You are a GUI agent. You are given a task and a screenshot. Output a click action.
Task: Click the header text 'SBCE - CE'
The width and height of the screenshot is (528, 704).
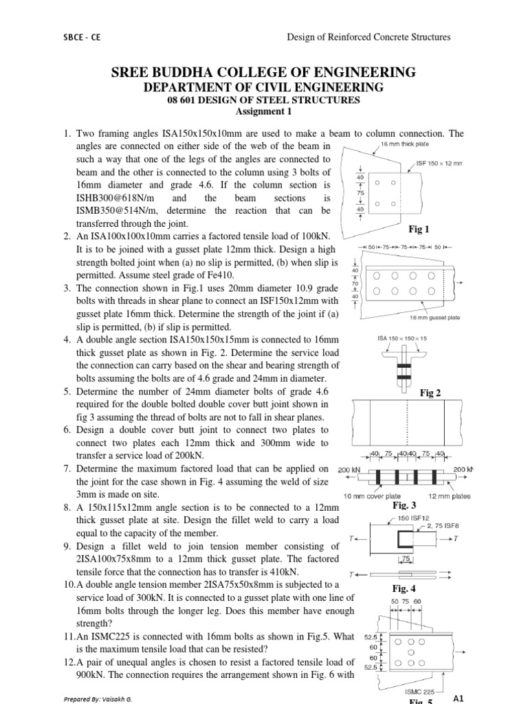pyautogui.click(x=81, y=38)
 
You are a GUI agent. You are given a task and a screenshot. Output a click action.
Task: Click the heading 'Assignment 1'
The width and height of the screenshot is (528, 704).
pyautogui.click(x=264, y=111)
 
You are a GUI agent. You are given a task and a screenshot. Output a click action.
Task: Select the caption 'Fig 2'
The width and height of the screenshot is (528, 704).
pyautogui.click(x=430, y=393)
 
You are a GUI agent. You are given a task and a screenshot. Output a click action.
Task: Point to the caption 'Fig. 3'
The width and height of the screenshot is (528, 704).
pyautogui.click(x=410, y=505)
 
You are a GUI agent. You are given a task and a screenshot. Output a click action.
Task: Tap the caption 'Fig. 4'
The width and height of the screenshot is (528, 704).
pyautogui.click(x=404, y=588)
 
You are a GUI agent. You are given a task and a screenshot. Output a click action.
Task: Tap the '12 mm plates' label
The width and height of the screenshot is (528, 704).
pyautogui.click(x=448, y=496)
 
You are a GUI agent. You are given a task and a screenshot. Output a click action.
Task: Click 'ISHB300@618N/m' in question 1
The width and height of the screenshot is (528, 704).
pyautogui.click(x=111, y=199)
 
